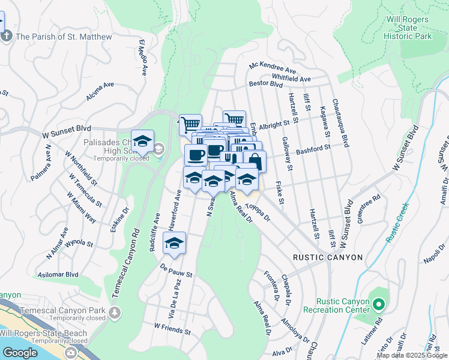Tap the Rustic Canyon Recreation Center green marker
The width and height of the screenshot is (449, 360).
(378, 305)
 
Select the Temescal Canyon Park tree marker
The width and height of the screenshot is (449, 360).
(114, 312)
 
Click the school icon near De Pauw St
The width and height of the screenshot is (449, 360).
(174, 243)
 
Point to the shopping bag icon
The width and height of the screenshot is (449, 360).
(255, 161)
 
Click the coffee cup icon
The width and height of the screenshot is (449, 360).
(196, 155)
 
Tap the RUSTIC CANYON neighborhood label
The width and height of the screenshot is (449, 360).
(328, 257)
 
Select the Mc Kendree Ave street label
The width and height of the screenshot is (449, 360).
(273, 70)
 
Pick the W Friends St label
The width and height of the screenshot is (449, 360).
(172, 329)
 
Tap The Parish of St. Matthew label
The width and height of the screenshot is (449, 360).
(64, 37)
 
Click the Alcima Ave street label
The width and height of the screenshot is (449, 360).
(100, 91)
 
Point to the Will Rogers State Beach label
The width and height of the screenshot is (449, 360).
(43, 334)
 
